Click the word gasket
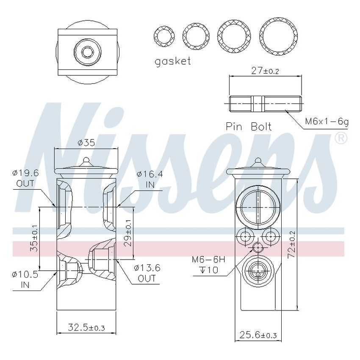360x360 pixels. [x=173, y=61]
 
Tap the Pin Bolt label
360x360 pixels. [x=249, y=126]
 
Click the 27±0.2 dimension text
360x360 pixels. [x=265, y=71]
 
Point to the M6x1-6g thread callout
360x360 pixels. [x=327, y=122]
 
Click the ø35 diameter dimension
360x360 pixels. [x=86, y=143]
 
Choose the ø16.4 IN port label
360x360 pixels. [x=150, y=179]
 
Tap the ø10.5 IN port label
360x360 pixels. [x=25, y=280]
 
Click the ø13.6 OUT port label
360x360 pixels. [x=147, y=273]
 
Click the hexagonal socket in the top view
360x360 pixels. [x=88, y=52]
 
